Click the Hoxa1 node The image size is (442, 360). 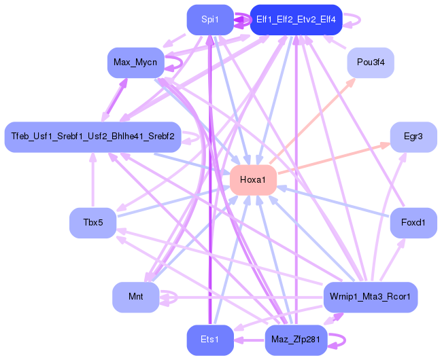pos(253,180)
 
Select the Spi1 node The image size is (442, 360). pos(210,20)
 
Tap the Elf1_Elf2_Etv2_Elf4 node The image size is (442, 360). pos(296,20)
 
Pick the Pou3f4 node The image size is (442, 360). pos(371,63)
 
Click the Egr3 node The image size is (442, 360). pos(413,137)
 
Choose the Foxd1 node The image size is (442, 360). pos(413,223)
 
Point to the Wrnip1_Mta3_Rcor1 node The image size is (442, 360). pos(370,297)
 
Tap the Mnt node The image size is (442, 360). pos(135,297)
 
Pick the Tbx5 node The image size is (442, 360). pos(92,223)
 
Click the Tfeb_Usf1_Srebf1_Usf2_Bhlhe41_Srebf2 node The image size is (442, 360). pos(92,137)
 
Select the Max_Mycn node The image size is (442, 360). pos(135,63)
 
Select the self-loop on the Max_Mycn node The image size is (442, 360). pos(175,63)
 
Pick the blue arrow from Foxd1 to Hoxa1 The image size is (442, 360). pos(333,202)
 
